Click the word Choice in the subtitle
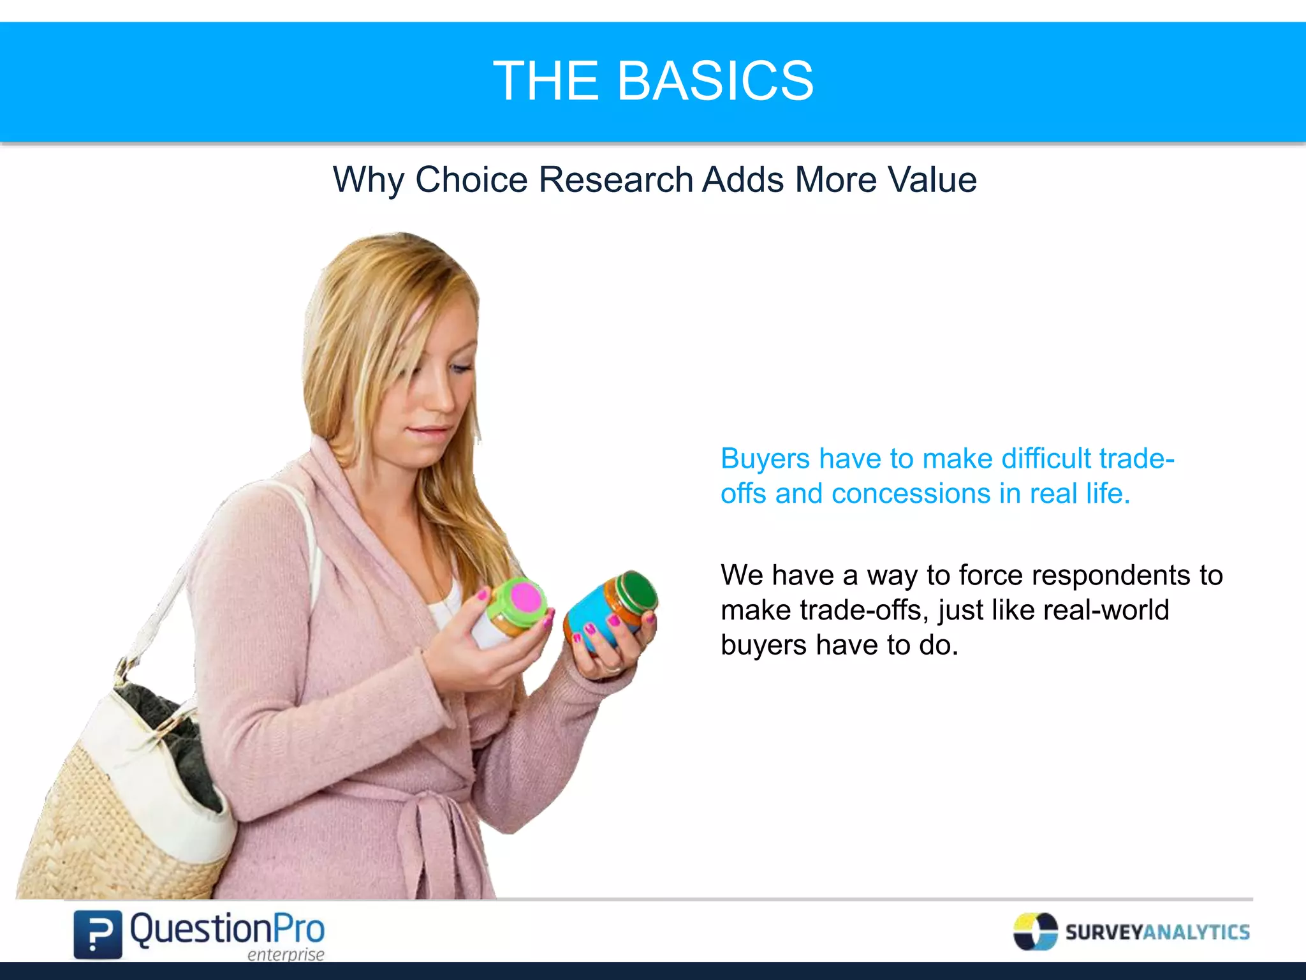click(x=471, y=180)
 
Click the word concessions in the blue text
click(x=910, y=494)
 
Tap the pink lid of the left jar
click(x=526, y=598)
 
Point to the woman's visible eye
click(x=460, y=368)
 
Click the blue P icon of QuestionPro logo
click(x=98, y=935)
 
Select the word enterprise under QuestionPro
click(x=286, y=954)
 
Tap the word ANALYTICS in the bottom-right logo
click(x=1196, y=932)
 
